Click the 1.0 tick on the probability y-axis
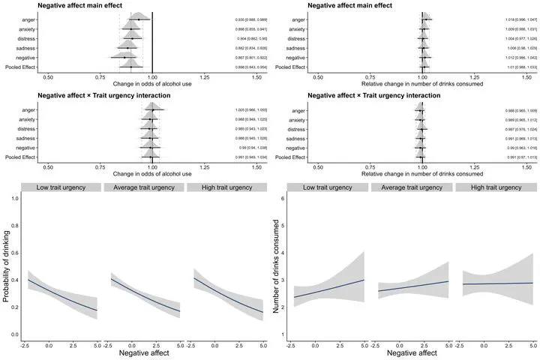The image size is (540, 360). coord(15,198)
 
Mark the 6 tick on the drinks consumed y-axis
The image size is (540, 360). coord(282,198)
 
